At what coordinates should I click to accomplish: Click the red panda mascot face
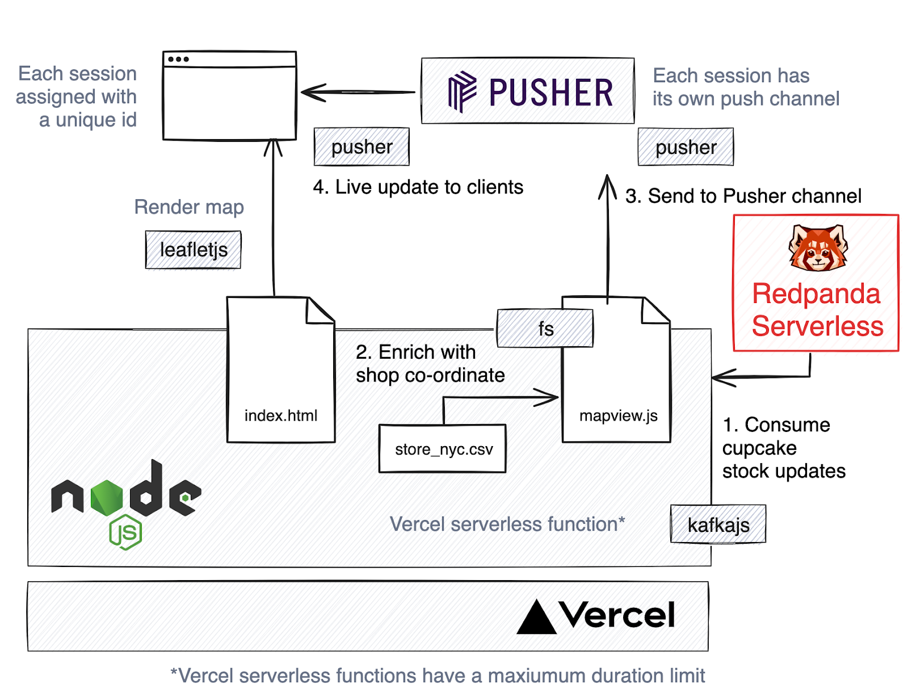(818, 248)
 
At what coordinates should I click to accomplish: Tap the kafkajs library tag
(718, 524)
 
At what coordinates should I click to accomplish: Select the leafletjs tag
(194, 250)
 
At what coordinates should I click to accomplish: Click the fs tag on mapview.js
(545, 329)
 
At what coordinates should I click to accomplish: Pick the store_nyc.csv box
(443, 449)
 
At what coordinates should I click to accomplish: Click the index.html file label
(281, 415)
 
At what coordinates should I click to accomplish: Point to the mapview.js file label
(618, 415)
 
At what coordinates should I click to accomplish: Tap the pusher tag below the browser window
(361, 147)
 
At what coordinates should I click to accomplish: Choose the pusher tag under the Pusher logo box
(686, 148)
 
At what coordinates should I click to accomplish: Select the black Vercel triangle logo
(536, 618)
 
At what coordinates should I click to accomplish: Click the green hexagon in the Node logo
(107, 497)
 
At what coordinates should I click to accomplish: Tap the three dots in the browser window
(178, 59)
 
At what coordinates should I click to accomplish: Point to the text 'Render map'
(189, 207)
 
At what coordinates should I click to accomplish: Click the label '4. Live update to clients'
(418, 187)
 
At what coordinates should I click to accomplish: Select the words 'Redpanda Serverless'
(817, 310)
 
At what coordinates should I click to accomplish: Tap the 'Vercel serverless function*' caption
(507, 524)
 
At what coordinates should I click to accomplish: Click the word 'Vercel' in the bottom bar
(617, 615)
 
